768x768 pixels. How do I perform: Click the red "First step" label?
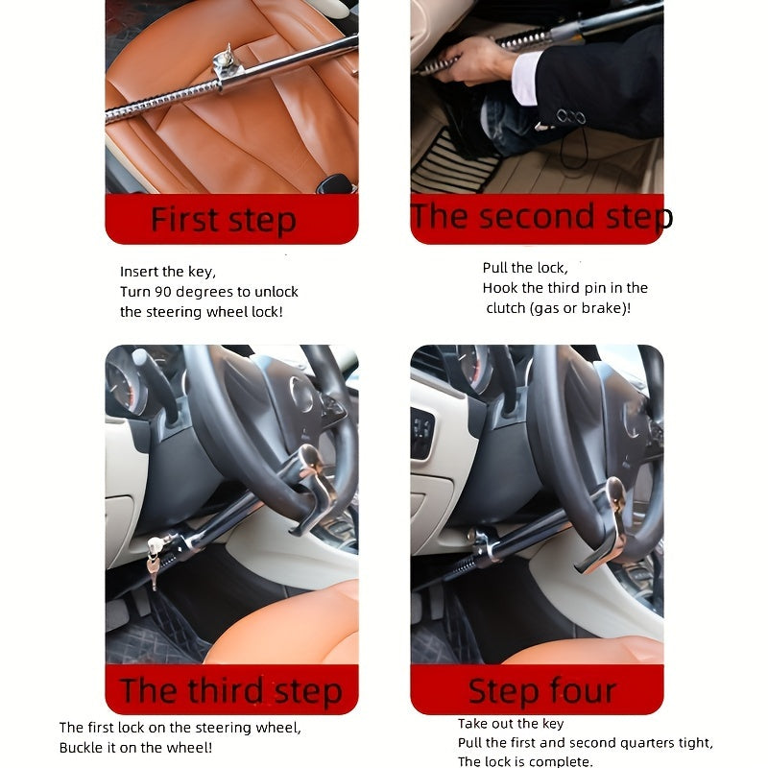(x=223, y=220)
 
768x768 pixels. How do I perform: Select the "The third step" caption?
(x=230, y=690)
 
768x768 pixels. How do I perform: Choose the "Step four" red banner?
(x=541, y=690)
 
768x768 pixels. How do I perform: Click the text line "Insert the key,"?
(x=168, y=272)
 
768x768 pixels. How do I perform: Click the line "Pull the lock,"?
(x=524, y=268)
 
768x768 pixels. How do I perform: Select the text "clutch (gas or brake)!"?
(x=558, y=308)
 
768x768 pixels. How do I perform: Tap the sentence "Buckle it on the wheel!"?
(x=135, y=747)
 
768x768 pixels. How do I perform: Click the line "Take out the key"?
(x=511, y=724)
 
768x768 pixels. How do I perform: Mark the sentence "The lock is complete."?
(x=525, y=761)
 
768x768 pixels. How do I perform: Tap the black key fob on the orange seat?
(x=335, y=182)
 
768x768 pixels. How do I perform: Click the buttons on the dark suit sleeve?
(x=570, y=117)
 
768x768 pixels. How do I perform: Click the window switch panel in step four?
(x=421, y=434)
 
